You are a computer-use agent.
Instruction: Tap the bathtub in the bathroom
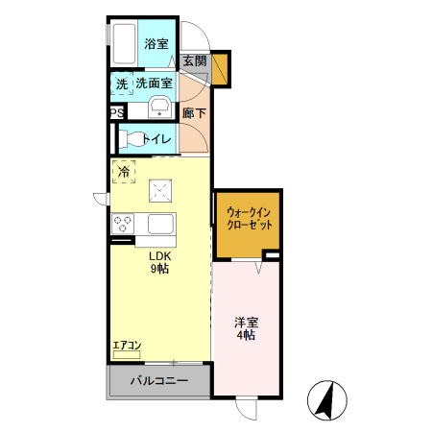click(124, 42)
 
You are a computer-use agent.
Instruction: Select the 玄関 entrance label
click(195, 60)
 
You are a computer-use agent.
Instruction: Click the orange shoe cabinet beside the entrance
click(220, 68)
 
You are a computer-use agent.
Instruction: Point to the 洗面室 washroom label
click(154, 84)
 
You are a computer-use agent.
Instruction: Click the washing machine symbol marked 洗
click(122, 84)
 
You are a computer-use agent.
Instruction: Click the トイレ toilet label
click(157, 139)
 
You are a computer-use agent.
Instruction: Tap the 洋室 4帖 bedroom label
click(246, 327)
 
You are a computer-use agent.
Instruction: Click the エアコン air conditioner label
click(127, 345)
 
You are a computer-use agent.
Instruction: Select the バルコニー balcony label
click(158, 381)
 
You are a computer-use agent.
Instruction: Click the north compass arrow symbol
click(327, 400)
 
